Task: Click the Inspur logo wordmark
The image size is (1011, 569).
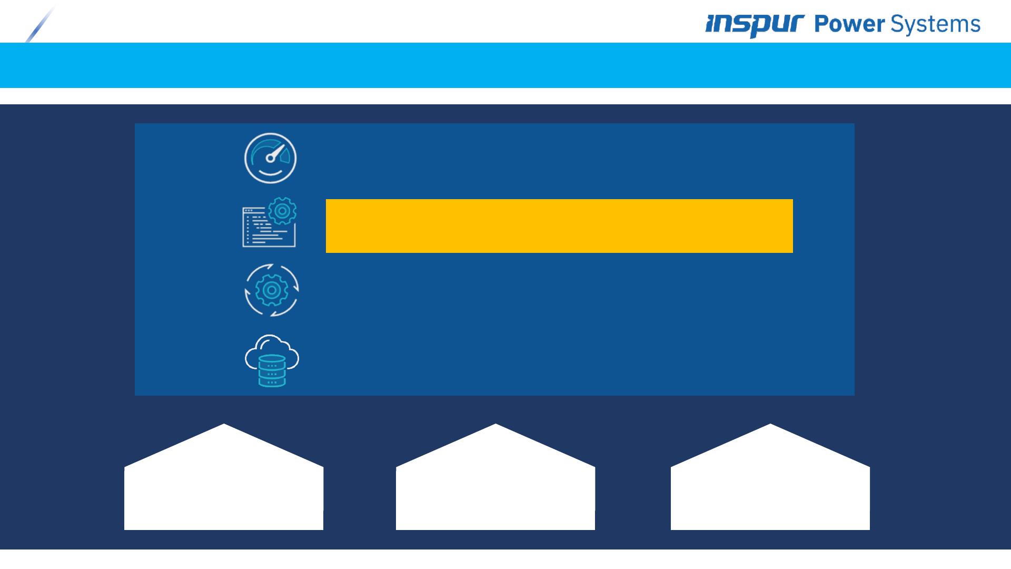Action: point(755,25)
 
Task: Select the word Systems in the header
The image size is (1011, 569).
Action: point(935,25)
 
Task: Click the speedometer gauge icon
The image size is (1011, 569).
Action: point(271,158)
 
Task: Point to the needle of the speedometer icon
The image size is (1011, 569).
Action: point(275,153)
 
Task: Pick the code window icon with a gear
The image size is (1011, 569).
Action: point(269,223)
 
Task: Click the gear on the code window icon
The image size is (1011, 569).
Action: point(282,211)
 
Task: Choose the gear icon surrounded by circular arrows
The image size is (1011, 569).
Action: point(272,290)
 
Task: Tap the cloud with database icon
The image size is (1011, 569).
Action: point(272,361)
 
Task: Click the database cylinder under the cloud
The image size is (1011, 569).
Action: point(272,371)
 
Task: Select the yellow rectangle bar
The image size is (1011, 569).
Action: point(559,226)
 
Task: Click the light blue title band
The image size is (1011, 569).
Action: point(506,65)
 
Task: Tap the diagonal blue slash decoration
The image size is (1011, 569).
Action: point(40,25)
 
